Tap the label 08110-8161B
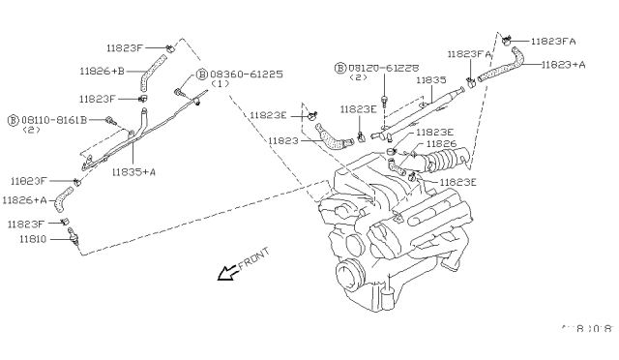pos(53,120)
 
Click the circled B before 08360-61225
pos(201,74)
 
